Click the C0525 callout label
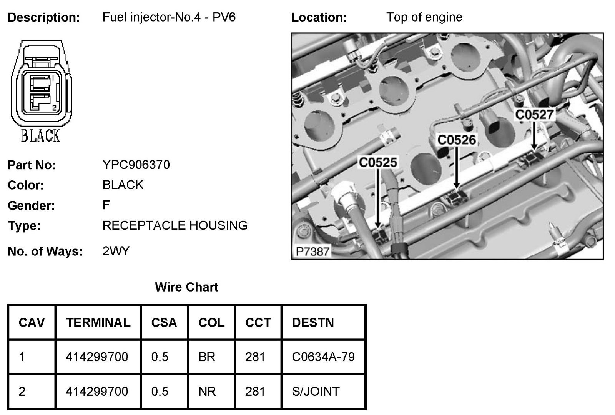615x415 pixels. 378,163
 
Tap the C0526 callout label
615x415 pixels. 457,140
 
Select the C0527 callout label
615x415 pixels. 534,115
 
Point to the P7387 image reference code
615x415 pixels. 312,252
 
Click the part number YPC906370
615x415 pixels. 136,165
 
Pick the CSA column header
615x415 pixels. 164,322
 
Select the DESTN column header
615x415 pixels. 313,322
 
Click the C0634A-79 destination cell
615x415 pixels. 323,357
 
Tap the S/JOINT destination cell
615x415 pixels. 316,392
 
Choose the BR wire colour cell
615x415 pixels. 206,357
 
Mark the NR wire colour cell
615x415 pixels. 207,392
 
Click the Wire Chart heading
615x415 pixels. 186,287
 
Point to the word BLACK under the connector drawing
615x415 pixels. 40,136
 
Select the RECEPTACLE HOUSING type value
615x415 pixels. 175,225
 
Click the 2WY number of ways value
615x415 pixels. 116,251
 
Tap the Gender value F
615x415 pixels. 106,205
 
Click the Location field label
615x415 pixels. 319,17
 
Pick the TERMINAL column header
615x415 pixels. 98,322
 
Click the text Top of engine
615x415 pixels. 424,17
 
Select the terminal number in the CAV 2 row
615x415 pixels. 97,392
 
